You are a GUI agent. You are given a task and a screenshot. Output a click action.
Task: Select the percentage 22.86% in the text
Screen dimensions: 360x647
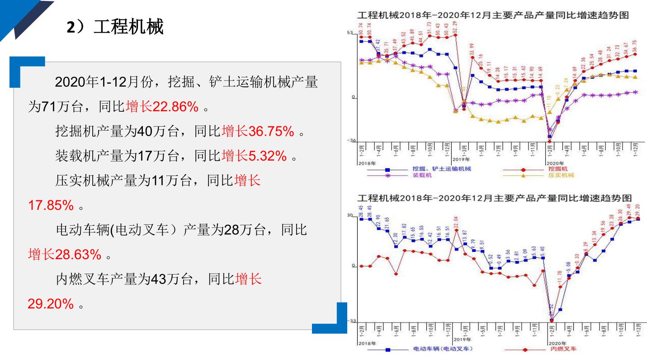tap(175, 107)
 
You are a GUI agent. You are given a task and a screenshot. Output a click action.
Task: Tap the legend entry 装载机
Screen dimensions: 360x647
tap(422, 175)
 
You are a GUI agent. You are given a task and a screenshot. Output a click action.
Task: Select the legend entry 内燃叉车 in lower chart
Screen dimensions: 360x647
tap(563, 349)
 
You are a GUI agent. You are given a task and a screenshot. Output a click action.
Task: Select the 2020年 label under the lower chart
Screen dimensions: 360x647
tap(555, 343)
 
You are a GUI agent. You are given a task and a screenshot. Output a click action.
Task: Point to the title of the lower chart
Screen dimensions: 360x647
tap(493, 198)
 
